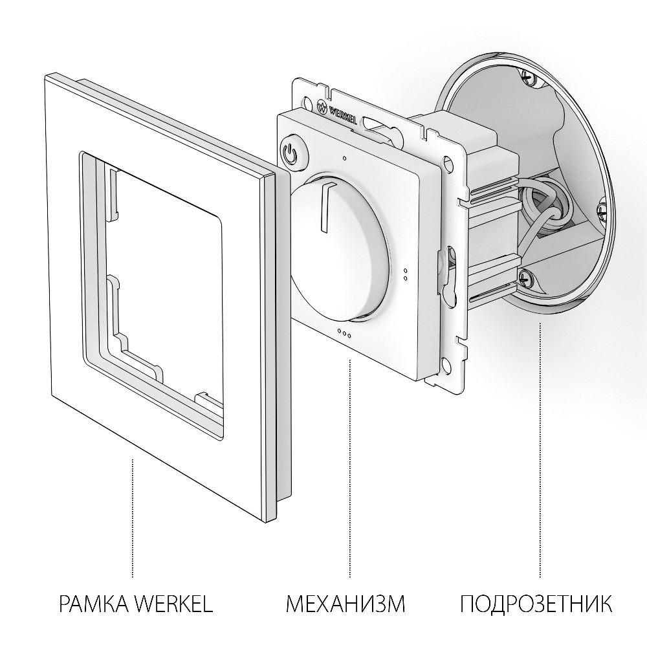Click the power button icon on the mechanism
(291, 153)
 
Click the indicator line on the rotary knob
(323, 207)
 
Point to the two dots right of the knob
(405, 275)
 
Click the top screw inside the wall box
(529, 78)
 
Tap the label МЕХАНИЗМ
(345, 605)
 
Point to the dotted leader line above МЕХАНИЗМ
(349, 466)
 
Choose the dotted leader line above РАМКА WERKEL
(133, 518)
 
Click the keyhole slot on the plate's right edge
(448, 272)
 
